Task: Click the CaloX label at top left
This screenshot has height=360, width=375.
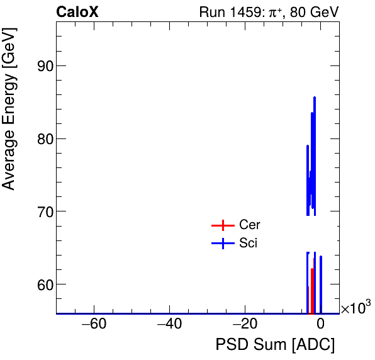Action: coord(77,12)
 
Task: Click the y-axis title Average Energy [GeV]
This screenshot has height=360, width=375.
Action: coord(9,119)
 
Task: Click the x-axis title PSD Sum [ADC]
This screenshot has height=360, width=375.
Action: coord(275,345)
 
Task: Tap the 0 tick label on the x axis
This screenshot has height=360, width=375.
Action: coord(320,325)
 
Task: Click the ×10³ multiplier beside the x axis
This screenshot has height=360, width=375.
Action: coord(355,308)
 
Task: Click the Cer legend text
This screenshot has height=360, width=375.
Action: coord(250,225)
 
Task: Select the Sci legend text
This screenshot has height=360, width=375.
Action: coord(249,244)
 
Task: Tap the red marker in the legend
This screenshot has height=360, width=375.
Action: coord(222,225)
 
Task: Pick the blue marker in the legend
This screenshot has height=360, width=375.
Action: coord(222,244)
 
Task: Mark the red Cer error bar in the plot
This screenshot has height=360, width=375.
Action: coord(312,280)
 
